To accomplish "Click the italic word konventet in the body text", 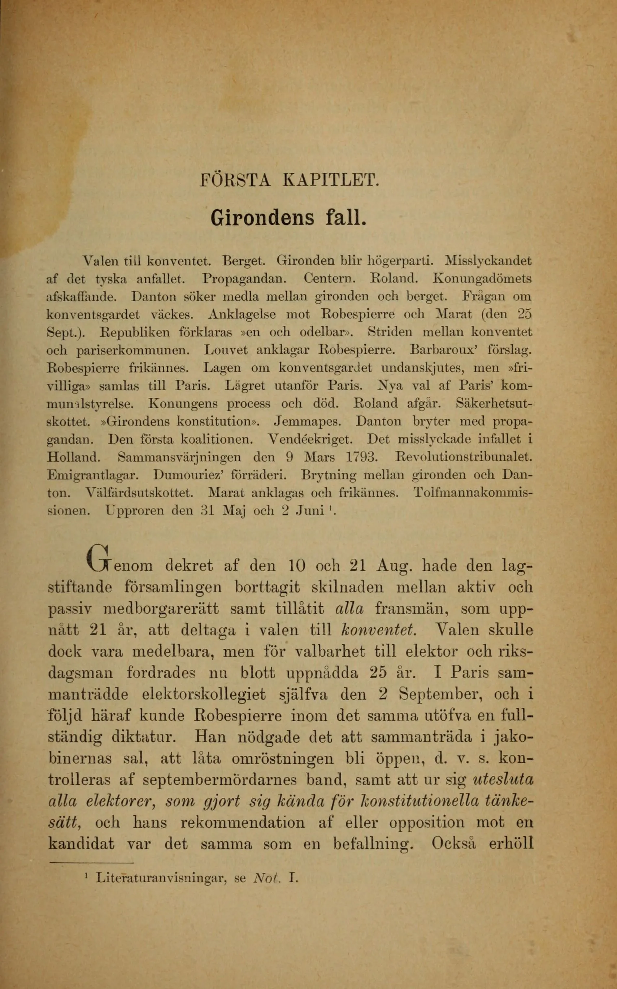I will click(378, 630).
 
